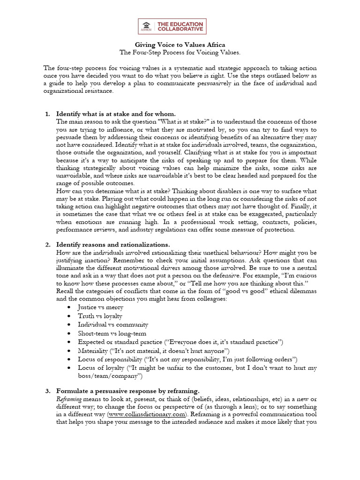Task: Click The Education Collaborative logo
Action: (x=172, y=26)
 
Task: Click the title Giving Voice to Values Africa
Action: (x=180, y=45)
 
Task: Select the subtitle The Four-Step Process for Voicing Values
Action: (x=180, y=52)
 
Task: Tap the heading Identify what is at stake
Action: (x=116, y=114)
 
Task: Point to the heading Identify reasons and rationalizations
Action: (x=113, y=245)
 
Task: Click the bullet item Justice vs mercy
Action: (x=101, y=307)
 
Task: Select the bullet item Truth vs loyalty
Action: (x=99, y=316)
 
